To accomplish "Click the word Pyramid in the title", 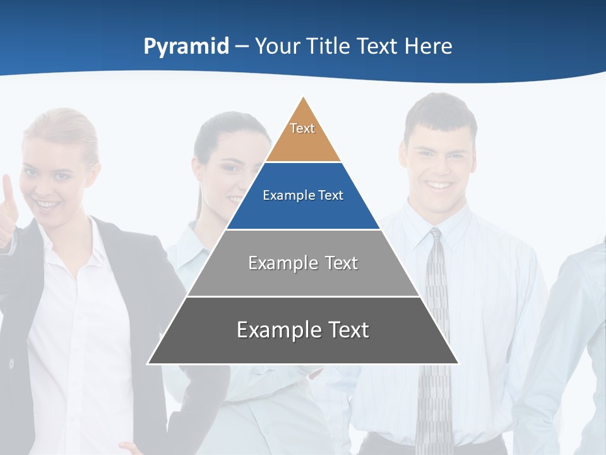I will point(186,46).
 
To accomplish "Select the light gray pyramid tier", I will point(303,264).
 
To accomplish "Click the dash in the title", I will point(242,46).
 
